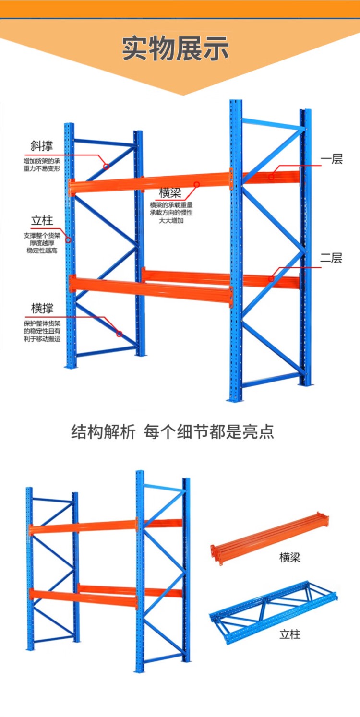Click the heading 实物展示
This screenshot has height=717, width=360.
(x=176, y=48)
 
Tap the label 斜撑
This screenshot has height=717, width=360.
(x=42, y=146)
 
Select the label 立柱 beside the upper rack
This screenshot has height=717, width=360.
(x=42, y=221)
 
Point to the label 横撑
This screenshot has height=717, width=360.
(x=42, y=308)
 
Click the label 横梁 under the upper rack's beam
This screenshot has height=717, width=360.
(x=170, y=193)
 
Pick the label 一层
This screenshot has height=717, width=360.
(x=332, y=159)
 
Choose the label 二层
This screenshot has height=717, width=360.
(x=331, y=258)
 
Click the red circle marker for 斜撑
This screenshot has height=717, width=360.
(x=107, y=167)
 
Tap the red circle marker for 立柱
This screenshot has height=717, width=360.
(x=68, y=240)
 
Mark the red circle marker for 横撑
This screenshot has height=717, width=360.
(x=119, y=334)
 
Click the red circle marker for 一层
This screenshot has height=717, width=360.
(x=271, y=177)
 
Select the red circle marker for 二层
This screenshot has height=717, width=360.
(x=271, y=279)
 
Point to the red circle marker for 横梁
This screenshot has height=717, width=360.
(x=197, y=184)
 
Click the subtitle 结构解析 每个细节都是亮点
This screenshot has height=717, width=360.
(x=173, y=432)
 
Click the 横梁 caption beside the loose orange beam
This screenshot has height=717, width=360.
(x=290, y=558)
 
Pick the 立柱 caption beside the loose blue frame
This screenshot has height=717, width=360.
(x=290, y=634)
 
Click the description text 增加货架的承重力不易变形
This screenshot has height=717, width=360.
(x=42, y=165)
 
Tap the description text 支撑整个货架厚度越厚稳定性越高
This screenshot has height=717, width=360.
(x=42, y=243)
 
